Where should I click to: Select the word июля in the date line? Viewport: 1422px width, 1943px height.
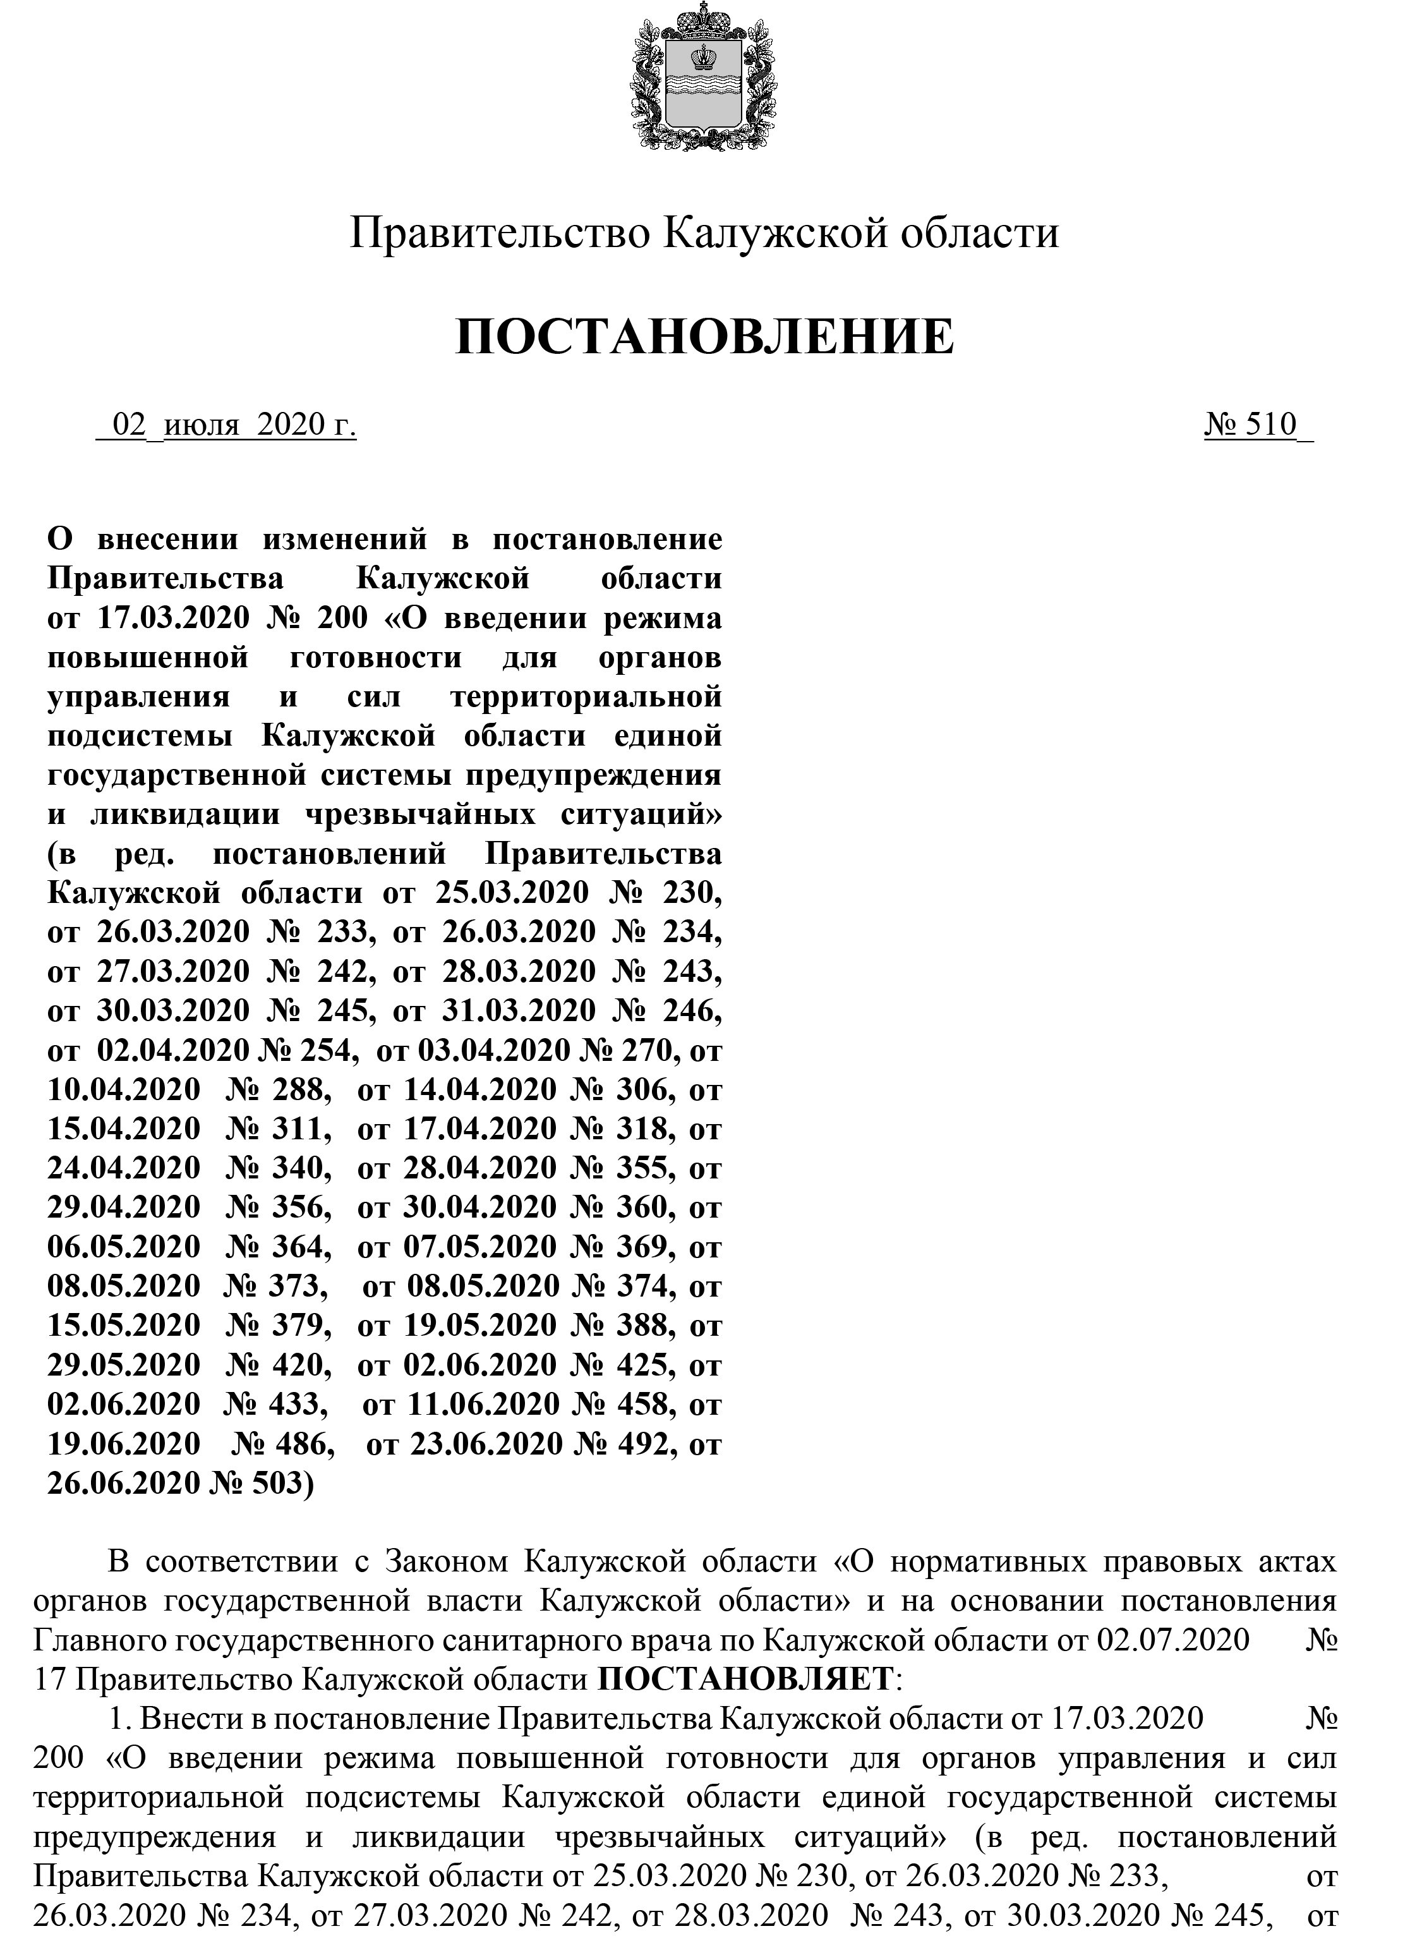[x=200, y=425]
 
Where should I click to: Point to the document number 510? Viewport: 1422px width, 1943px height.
[x=1274, y=425]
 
